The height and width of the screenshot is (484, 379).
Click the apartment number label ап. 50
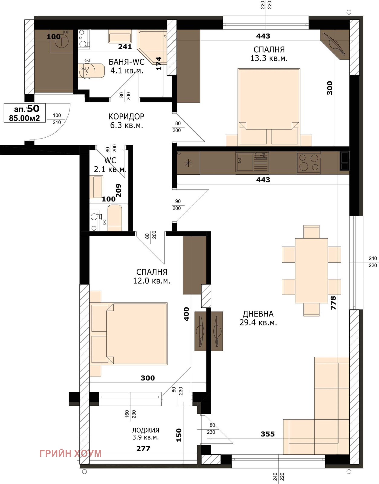point(27,109)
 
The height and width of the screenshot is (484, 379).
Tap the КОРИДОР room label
point(126,116)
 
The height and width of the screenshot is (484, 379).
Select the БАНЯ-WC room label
point(127,62)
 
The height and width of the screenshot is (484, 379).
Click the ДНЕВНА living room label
point(258,314)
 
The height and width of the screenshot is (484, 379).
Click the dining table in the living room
point(311,271)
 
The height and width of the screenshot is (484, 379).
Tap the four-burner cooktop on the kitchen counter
point(309,163)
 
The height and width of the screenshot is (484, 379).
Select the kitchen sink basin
point(245,162)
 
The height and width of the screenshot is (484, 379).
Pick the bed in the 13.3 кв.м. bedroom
point(269,107)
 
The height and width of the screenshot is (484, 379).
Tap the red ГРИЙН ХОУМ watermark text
point(70,453)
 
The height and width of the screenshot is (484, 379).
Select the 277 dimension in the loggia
point(143,448)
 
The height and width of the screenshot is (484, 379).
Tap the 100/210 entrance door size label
point(57,119)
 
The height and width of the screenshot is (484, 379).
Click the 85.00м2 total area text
point(24,118)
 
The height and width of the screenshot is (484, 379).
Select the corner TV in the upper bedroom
point(335,44)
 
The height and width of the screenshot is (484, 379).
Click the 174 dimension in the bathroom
point(159,64)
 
